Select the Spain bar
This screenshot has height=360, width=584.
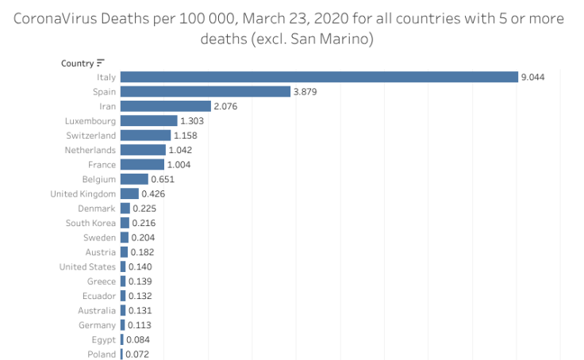(x=206, y=92)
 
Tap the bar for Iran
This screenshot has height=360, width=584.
(x=165, y=106)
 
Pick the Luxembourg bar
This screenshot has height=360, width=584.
(x=148, y=121)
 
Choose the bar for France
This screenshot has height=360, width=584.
(x=142, y=165)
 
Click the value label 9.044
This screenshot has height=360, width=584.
(x=532, y=77)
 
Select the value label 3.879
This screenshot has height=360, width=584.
(x=305, y=92)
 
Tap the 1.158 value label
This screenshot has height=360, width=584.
(x=186, y=136)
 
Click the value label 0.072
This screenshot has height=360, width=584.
(x=137, y=354)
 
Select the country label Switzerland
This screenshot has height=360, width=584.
(x=90, y=136)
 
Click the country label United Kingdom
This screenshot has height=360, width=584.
(x=83, y=194)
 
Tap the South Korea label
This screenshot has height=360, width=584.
(x=90, y=224)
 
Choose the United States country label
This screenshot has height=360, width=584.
(x=87, y=267)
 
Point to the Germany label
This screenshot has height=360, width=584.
(x=97, y=325)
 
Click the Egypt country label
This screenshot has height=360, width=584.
(x=103, y=340)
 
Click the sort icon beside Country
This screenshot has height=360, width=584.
(x=101, y=63)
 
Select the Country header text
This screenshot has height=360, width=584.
(x=77, y=63)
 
